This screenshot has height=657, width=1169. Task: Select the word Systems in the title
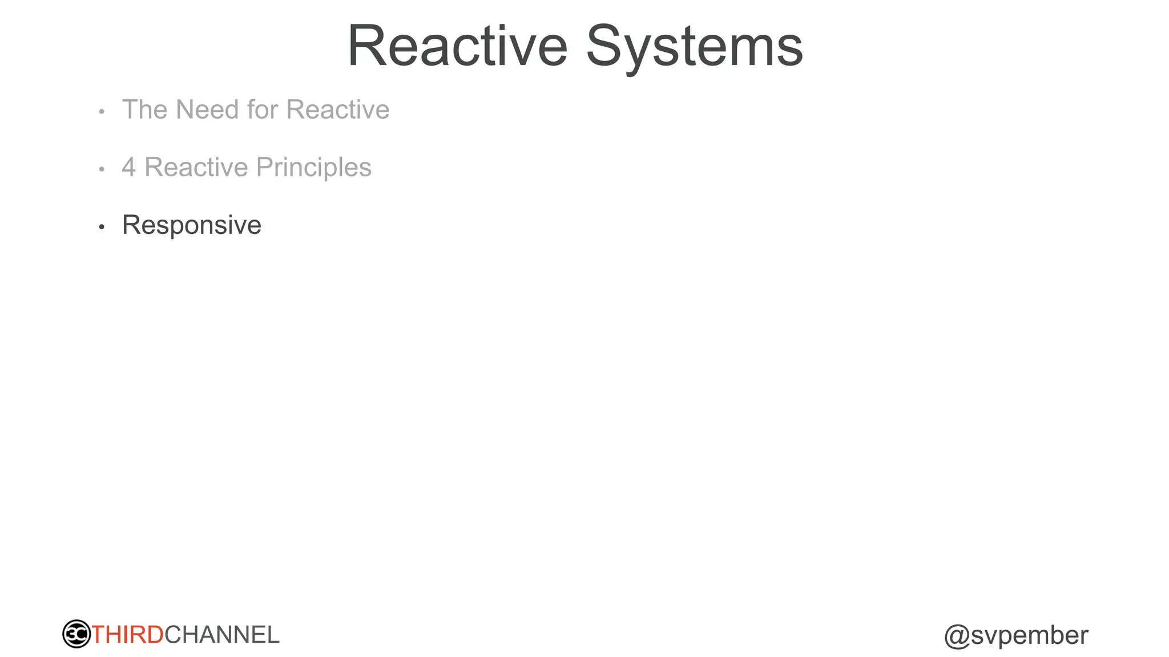coord(695,46)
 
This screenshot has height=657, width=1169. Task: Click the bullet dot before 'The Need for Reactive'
coord(102,112)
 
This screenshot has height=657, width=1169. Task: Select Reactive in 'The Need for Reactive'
coord(337,109)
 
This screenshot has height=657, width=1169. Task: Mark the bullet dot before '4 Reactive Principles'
coord(102,169)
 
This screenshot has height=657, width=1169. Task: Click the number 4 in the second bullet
coord(129,168)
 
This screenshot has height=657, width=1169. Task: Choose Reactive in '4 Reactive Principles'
coord(196,168)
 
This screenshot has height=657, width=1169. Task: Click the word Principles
coord(314,168)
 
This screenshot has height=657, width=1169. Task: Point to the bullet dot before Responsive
coord(102,228)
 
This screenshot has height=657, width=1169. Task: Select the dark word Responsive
coord(192,225)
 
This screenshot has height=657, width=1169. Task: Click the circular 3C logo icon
coord(76,634)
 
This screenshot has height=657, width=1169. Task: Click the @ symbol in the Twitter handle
coord(957,636)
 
